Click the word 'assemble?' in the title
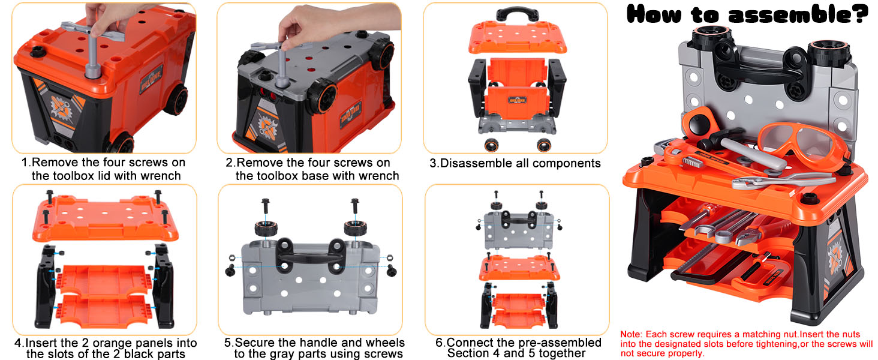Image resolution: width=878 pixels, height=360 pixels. click(798, 15)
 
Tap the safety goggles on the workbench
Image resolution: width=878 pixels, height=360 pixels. click(804, 143)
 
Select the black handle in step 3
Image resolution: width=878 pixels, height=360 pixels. click(517, 14)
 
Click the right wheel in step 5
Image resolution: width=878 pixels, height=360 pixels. click(356, 228)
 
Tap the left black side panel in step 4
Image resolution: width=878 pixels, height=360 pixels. click(46, 286)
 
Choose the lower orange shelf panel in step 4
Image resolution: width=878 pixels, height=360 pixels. click(104, 312)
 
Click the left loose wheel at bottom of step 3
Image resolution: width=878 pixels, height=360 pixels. click(491, 145)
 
